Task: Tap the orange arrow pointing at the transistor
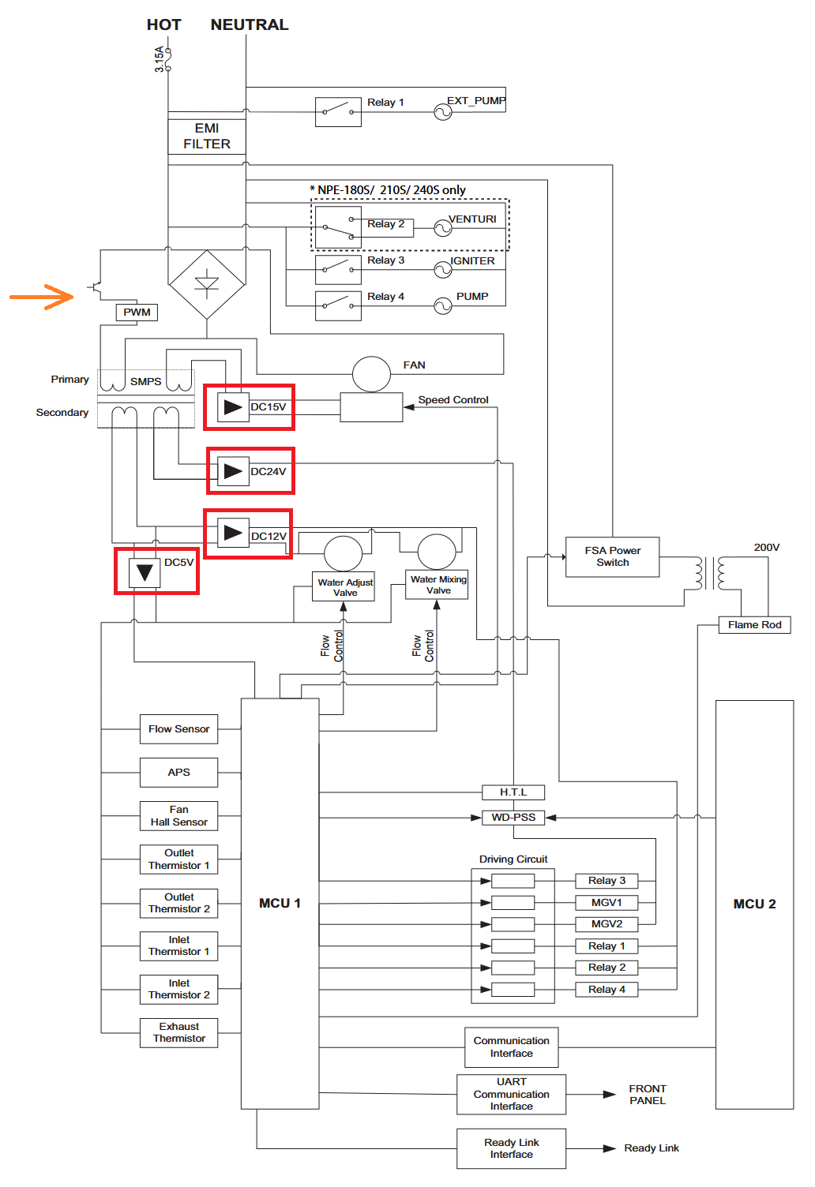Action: [x=41, y=297]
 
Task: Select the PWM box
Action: [x=137, y=312]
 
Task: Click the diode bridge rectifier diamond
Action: [x=207, y=285]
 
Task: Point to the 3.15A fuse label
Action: [x=159, y=59]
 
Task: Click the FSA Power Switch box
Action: [x=613, y=557]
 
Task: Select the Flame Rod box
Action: [x=754, y=625]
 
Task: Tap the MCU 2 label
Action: [x=754, y=904]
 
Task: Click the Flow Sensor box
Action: [x=178, y=729]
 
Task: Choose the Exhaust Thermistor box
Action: [x=178, y=1033]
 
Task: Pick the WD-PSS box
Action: [x=513, y=818]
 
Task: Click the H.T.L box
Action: [x=513, y=792]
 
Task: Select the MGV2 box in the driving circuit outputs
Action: [x=607, y=924]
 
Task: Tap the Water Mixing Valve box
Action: [x=437, y=585]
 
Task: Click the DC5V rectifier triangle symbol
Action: [x=145, y=572]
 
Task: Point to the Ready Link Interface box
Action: [x=511, y=1148]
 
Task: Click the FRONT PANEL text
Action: [x=648, y=1095]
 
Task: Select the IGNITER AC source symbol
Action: [x=443, y=270]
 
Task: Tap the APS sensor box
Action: [x=178, y=773]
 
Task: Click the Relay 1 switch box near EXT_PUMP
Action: [x=338, y=112]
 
